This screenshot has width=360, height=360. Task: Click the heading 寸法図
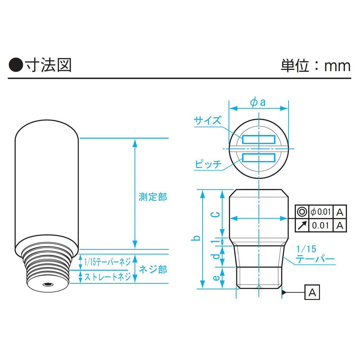(x=48, y=65)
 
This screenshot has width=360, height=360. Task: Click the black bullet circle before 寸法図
(x=16, y=65)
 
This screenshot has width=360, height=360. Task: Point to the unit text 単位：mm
(x=316, y=66)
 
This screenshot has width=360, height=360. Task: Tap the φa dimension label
(x=258, y=102)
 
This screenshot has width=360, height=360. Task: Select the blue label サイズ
(x=207, y=120)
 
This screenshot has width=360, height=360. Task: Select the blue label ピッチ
(x=208, y=164)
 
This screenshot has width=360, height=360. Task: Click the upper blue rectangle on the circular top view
(x=258, y=139)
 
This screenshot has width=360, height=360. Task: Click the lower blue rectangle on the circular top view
(x=258, y=157)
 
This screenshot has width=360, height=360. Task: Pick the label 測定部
(x=153, y=197)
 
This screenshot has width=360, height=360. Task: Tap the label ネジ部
(x=153, y=269)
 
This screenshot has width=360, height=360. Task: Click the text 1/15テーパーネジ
(x=108, y=262)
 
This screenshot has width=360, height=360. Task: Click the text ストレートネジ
(x=108, y=277)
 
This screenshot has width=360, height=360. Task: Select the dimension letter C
(x=215, y=215)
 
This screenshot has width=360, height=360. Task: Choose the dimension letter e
(x=216, y=278)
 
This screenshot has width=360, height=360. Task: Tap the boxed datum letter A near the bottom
(x=312, y=292)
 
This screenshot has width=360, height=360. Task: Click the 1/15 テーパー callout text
(x=315, y=254)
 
